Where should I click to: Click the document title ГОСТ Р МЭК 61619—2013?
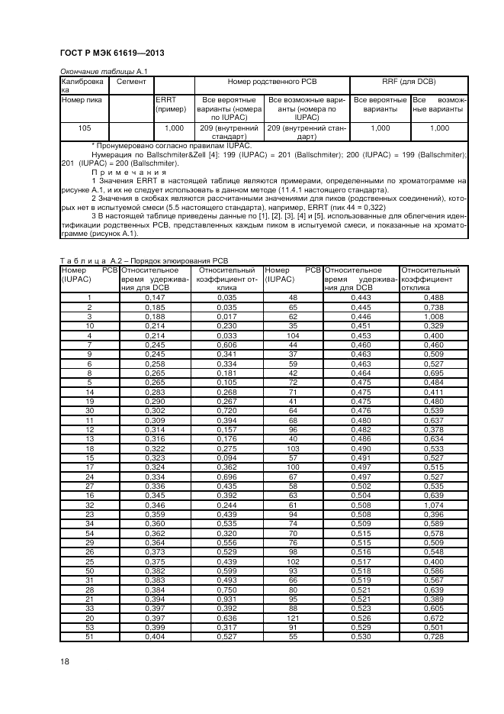tap(111, 53)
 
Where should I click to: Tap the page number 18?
tap(64, 661)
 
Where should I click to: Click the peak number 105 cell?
tap(85, 128)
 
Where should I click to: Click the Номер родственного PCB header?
tap(272, 80)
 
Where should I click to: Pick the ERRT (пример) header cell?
tap(171, 105)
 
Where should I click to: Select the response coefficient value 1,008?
tap(433, 316)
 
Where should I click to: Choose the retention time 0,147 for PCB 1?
tap(155, 297)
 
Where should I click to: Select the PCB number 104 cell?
tap(292, 335)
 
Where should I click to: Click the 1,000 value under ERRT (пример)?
tap(173, 128)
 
